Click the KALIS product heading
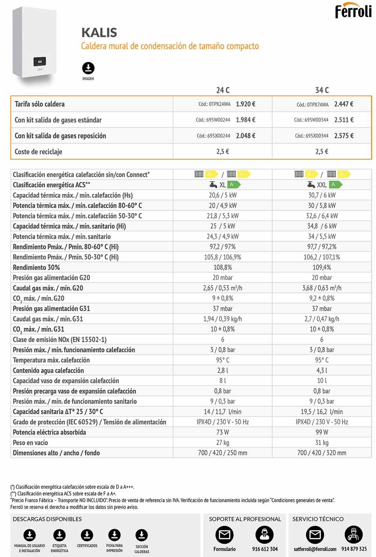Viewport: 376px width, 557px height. point(99,33)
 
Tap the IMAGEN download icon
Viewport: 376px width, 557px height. point(88,68)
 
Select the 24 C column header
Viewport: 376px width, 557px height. point(223,90)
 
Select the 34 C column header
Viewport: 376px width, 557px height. point(322,90)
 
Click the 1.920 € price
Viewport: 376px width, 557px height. point(246,104)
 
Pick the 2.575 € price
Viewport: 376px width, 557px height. point(344,136)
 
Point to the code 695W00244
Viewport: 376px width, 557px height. point(213,120)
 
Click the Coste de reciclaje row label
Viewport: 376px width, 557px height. point(38,152)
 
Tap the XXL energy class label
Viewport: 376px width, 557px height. point(322,185)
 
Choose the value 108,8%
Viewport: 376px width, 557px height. point(223,267)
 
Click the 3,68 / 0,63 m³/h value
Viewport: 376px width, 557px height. point(322,288)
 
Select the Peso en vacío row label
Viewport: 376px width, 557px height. point(30,443)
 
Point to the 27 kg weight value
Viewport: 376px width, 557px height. point(223,443)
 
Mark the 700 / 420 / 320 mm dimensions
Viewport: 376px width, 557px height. point(322,453)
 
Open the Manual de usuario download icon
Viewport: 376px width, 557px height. point(29,535)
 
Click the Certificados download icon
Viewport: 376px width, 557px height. point(87,535)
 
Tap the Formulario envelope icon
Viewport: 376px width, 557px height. point(224,535)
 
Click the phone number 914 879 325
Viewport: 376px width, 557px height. point(354,549)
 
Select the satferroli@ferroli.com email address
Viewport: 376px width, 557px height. point(315,549)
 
